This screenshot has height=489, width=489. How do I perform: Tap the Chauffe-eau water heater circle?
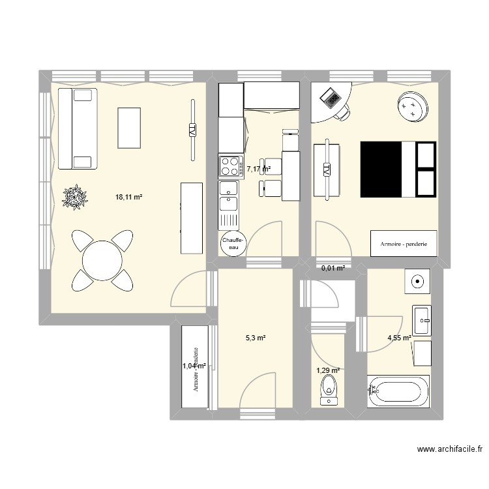coord(233,244)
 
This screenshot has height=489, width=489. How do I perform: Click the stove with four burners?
coord(230,166)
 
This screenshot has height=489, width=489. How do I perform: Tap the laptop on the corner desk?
coord(331,98)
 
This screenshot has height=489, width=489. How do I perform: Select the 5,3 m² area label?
coord(256,338)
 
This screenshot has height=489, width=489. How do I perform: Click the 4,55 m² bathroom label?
coord(399,338)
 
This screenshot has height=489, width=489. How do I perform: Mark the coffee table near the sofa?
coord(129,128)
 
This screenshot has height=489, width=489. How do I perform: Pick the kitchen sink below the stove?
coord(230,196)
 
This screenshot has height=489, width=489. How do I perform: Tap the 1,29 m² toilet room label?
coord(328,370)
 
